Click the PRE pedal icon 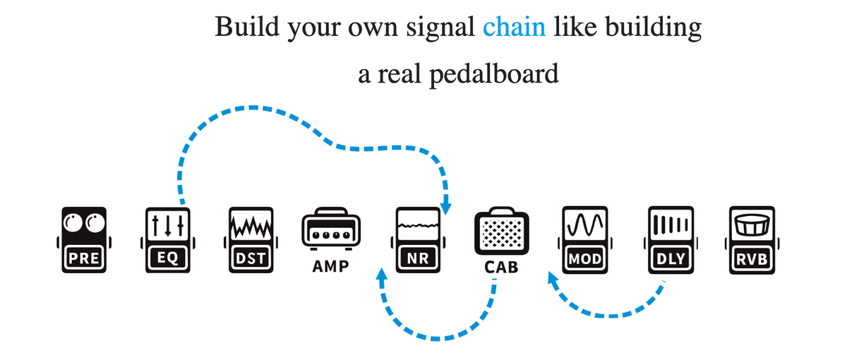84,240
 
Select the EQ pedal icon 167,240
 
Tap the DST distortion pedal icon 251,240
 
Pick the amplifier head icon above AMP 331,229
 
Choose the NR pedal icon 418,240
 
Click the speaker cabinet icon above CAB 502,231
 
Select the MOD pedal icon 585,240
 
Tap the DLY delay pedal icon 671,240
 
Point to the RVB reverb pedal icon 752,240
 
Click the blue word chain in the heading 515,27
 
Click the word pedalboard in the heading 494,74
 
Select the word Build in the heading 247,27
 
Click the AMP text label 330,266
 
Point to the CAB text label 501,267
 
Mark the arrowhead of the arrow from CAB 382,274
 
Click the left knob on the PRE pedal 73,223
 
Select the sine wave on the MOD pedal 585,225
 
